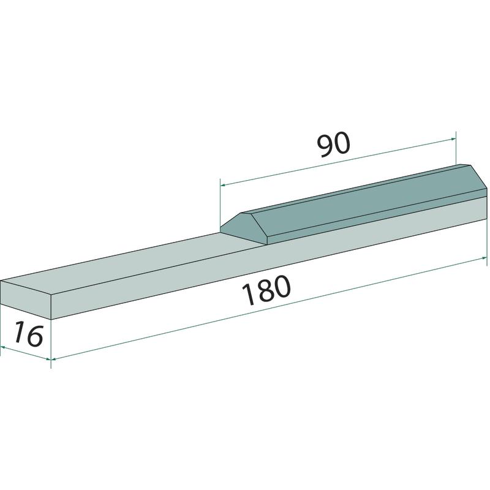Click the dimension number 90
point(333,145)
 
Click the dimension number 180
point(267,290)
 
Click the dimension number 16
point(28,334)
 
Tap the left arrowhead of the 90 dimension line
point(223,185)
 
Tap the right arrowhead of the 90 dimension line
point(453,139)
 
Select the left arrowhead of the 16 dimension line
point(3,347)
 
